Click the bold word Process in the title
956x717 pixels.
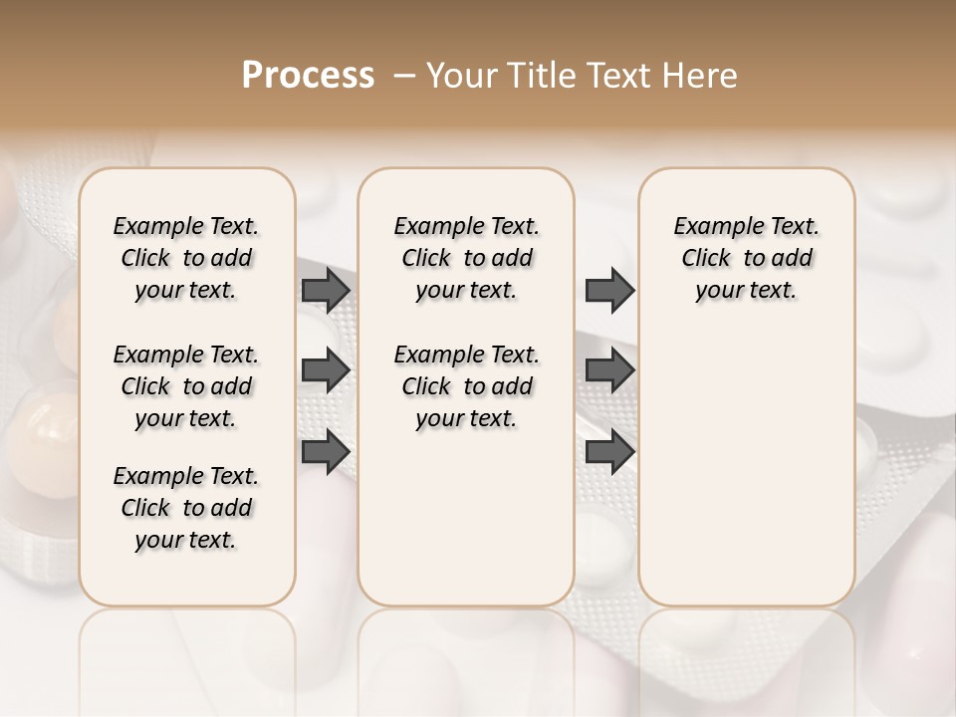308,75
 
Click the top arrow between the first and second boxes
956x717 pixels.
326,290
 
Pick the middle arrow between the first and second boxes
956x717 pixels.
326,370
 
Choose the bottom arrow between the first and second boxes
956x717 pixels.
326,451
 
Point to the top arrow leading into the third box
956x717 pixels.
609,290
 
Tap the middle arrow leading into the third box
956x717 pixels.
609,370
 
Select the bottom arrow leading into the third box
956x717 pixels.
609,451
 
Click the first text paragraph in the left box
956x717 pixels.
186,258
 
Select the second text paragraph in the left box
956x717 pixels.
186,386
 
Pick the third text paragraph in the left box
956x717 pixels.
186,508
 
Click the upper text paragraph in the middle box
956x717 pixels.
466,258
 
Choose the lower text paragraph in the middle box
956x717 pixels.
466,386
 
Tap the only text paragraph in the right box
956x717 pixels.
746,258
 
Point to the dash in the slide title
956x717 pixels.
404,75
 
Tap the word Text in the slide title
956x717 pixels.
613,75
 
